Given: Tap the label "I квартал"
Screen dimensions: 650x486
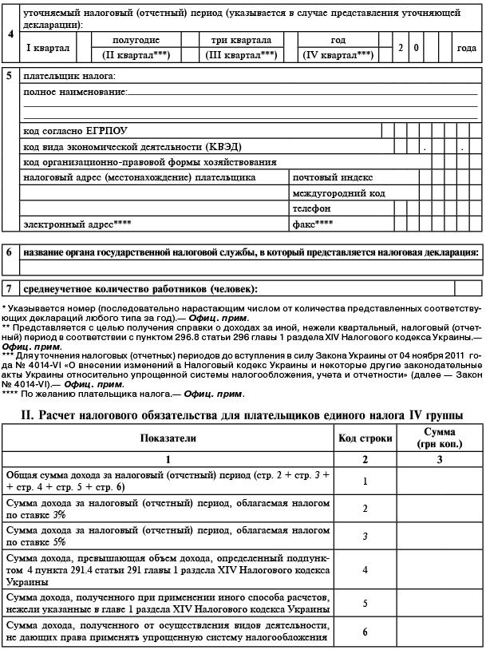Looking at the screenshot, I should coord(48,48).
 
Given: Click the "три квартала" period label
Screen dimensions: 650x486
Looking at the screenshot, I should coord(240,40).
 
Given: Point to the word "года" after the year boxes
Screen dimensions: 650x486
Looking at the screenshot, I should coord(466,48).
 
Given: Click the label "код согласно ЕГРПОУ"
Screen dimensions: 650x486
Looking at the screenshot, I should coord(76,130).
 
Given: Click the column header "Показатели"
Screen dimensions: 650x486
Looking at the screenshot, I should coord(168,439).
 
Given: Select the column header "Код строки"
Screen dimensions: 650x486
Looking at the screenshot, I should coord(364,439).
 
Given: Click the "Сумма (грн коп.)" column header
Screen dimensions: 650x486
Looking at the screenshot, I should coord(439,439).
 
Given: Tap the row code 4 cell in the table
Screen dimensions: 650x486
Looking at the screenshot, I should coord(364,570).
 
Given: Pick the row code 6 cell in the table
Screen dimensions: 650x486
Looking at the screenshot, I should coord(364,632).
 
